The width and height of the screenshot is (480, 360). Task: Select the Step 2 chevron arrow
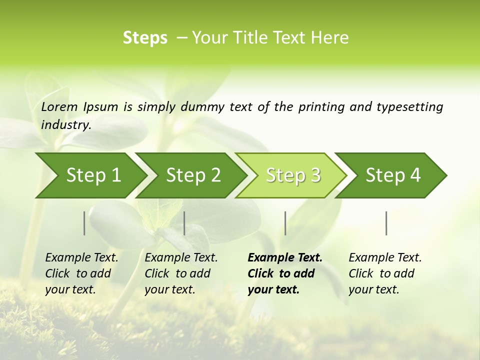tap(193, 175)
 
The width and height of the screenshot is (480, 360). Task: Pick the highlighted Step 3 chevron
tap(293, 175)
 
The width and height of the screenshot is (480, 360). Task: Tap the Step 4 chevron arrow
tap(393, 175)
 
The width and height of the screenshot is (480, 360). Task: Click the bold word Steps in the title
tap(145, 38)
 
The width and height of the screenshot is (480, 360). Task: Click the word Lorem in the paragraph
tap(59, 106)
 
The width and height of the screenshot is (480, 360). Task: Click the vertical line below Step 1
tap(84, 223)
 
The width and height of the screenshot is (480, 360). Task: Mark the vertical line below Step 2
tap(184, 223)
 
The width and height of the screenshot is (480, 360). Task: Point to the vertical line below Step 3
tap(285, 223)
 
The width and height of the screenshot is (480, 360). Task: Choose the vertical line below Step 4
tap(386, 223)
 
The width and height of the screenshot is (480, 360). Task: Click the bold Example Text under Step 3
tap(285, 257)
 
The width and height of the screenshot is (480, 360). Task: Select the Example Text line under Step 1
tap(81, 257)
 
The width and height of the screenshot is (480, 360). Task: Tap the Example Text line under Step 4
tap(385, 257)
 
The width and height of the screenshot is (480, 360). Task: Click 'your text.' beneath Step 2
tap(169, 289)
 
